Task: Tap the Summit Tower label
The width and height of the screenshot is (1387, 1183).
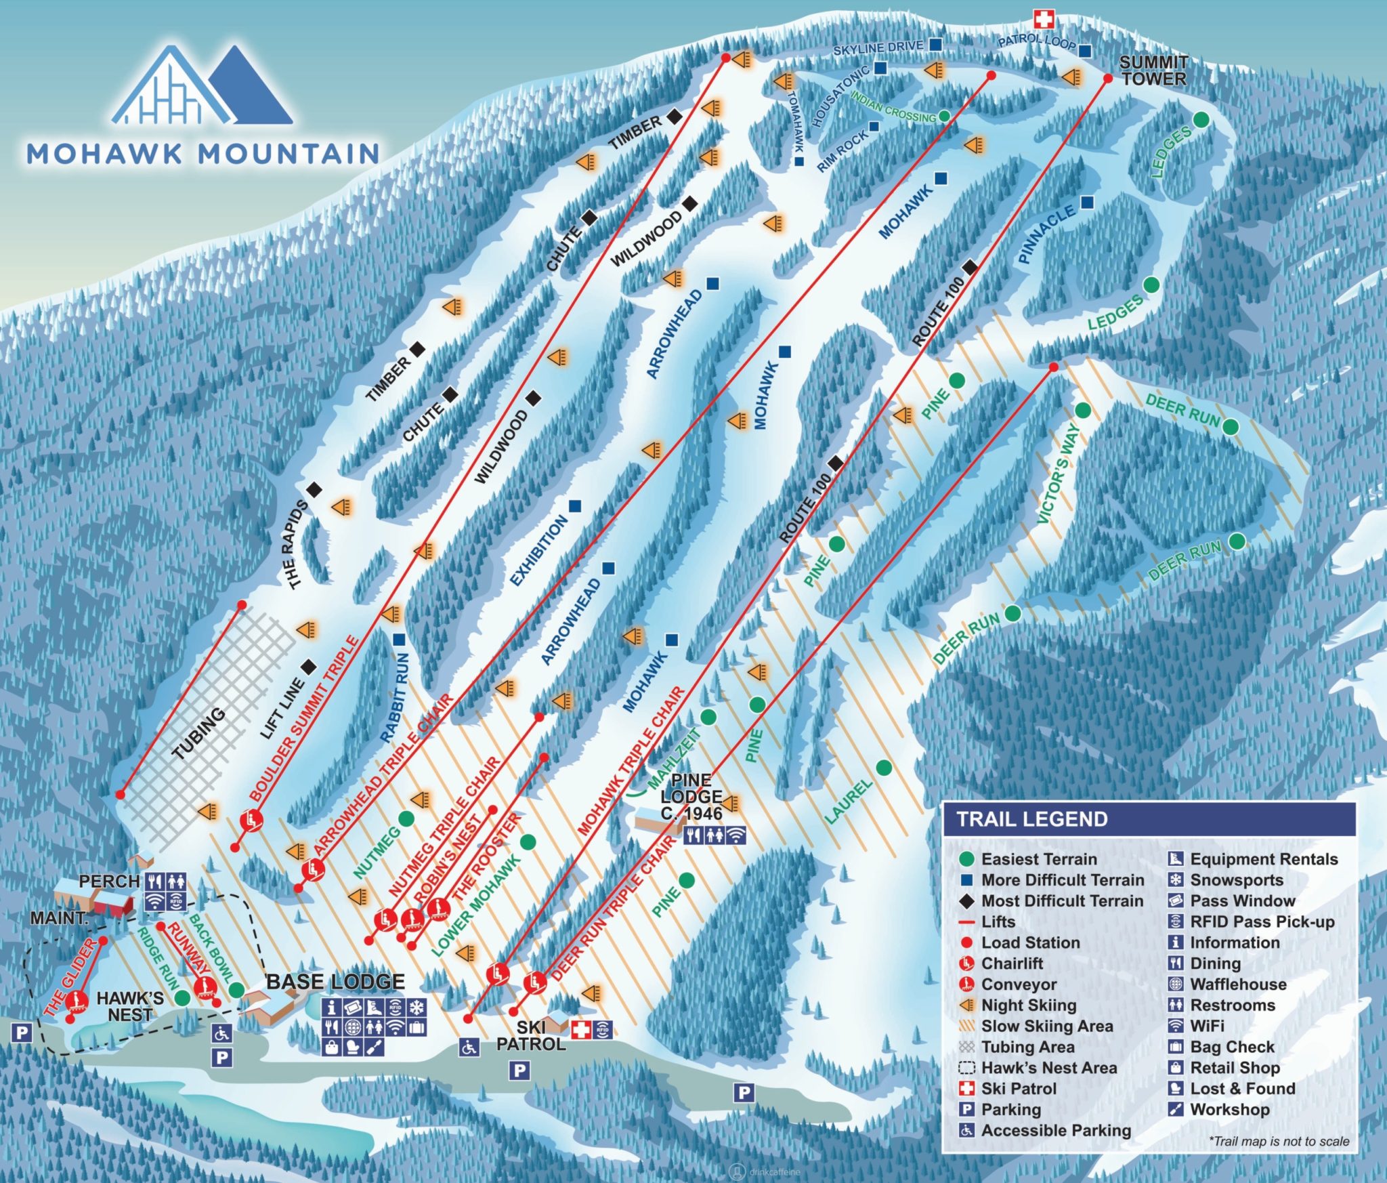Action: (x=1153, y=70)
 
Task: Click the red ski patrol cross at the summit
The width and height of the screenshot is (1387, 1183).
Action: (x=1043, y=19)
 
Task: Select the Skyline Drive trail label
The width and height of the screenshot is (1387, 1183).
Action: (x=878, y=48)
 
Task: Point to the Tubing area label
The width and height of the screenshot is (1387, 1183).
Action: (x=198, y=733)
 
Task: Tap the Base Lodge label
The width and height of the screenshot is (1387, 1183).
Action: (x=335, y=982)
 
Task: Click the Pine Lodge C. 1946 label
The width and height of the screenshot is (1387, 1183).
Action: (x=691, y=796)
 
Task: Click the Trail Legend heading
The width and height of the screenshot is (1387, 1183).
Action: (x=1031, y=819)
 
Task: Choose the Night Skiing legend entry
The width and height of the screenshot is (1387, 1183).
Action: (x=1028, y=1005)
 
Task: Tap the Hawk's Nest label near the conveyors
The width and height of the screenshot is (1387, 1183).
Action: (x=130, y=1006)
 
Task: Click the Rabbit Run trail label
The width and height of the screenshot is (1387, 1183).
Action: (x=395, y=697)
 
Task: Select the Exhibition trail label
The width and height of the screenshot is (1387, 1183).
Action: (x=538, y=550)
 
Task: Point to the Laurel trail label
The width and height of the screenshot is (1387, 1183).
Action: (x=848, y=801)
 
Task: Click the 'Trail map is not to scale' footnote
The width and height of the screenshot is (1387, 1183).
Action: (x=1279, y=1142)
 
